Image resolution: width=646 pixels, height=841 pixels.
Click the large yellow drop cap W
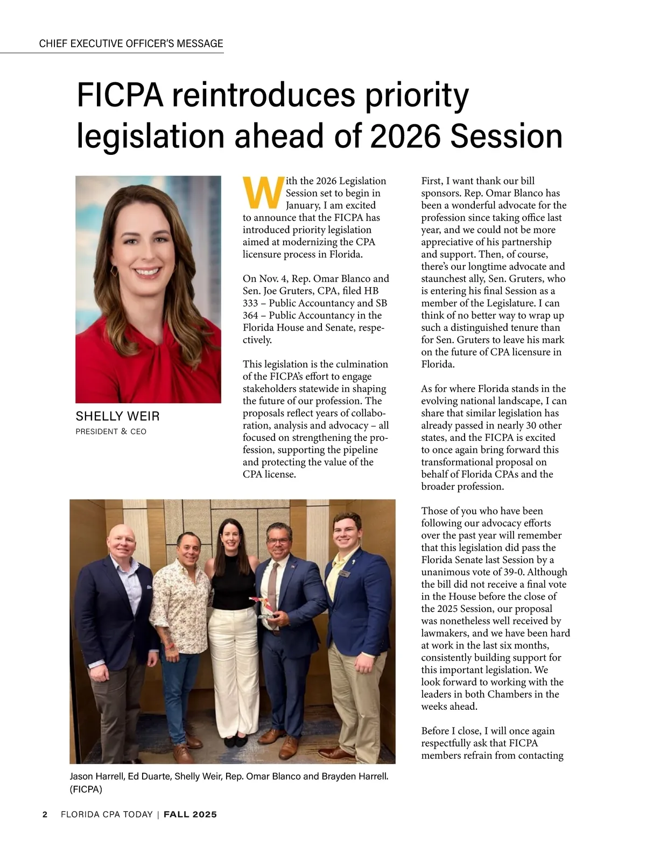(x=263, y=193)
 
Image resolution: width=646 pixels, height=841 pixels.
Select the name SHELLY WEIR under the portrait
(x=117, y=416)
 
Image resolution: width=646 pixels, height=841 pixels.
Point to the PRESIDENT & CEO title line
(x=111, y=431)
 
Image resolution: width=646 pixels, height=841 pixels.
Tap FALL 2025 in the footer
(x=190, y=814)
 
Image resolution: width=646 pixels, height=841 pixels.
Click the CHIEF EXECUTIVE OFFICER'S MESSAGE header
(x=131, y=44)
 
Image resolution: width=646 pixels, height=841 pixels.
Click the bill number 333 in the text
(x=250, y=303)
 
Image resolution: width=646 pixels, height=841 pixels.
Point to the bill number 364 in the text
(x=250, y=316)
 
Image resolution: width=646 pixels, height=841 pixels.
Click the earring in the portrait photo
(x=115, y=269)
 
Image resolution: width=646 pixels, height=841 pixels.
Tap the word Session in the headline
(x=506, y=137)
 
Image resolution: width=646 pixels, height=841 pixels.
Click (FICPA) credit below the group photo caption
(x=86, y=789)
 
